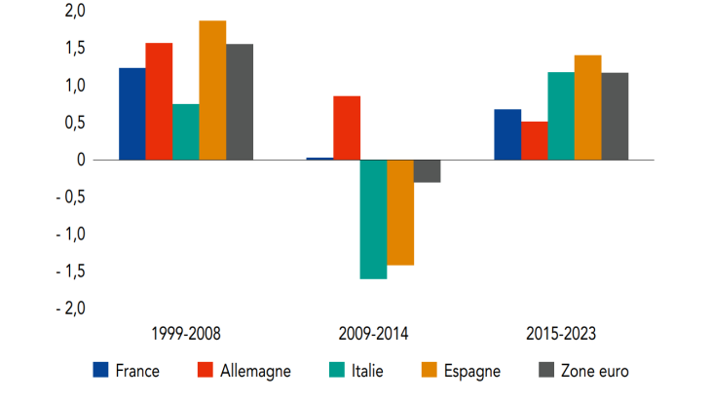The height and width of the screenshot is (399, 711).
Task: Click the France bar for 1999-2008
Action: click(x=132, y=114)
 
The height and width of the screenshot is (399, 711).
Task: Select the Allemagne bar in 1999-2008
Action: click(x=159, y=101)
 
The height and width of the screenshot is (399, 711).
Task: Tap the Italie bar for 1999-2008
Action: click(x=186, y=131)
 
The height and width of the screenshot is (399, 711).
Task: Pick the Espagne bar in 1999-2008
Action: click(x=212, y=91)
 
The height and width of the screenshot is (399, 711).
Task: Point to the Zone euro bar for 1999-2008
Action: click(x=240, y=102)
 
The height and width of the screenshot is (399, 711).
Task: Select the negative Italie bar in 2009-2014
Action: click(x=373, y=219)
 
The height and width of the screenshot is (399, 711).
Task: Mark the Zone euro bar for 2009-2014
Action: click(x=427, y=171)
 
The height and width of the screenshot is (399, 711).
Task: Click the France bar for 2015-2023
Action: click(x=507, y=134)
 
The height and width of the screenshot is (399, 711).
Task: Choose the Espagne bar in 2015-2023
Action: click(x=587, y=107)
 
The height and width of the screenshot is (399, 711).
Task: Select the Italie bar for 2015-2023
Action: click(x=561, y=116)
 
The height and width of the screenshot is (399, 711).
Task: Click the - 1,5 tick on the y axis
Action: click(x=68, y=271)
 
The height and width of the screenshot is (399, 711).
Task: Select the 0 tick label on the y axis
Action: click(x=82, y=160)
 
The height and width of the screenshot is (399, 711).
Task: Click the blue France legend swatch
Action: click(x=100, y=370)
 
